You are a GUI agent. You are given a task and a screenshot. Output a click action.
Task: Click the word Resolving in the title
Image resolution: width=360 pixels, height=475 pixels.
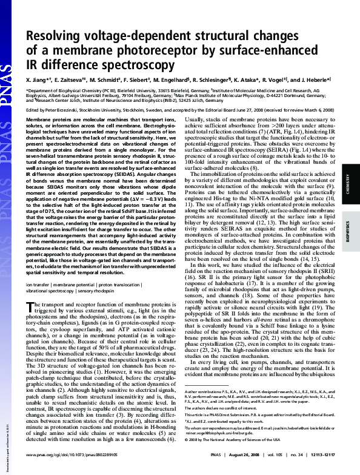[52, 37]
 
